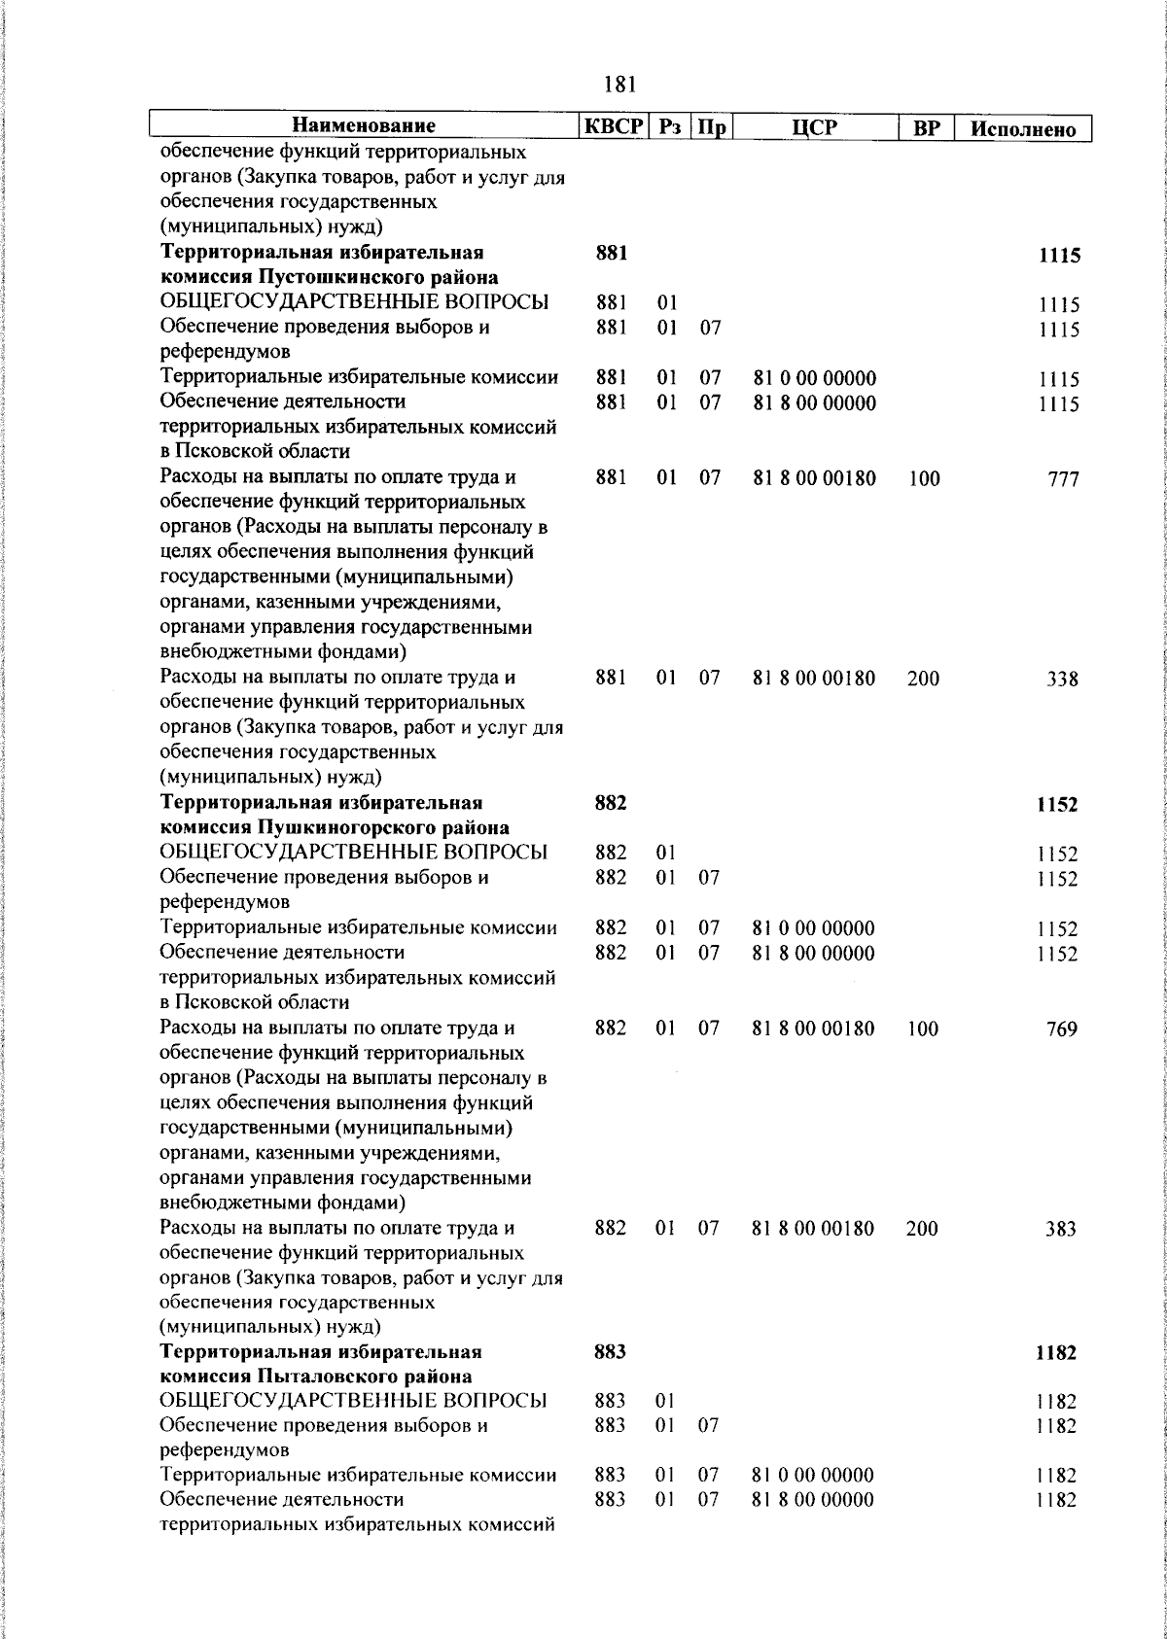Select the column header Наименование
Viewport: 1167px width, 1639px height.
[365, 126]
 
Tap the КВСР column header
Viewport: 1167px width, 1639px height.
[613, 126]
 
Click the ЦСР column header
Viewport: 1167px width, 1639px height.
[815, 127]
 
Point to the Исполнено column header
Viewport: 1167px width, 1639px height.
[1022, 128]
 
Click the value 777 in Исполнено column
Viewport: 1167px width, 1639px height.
[1063, 479]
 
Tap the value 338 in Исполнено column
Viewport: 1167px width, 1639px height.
[1062, 680]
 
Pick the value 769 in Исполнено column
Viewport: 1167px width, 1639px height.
[1062, 1029]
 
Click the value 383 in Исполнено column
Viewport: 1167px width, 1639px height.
[1061, 1230]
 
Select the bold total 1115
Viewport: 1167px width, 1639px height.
[1059, 257]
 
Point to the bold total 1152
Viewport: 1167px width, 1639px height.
[1057, 806]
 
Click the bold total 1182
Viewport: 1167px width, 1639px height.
[1056, 1353]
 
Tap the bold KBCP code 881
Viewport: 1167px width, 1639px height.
[611, 254]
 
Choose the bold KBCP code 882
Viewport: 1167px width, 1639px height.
[611, 803]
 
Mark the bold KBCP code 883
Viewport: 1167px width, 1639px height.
[610, 1351]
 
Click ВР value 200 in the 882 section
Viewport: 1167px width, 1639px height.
[922, 1229]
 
